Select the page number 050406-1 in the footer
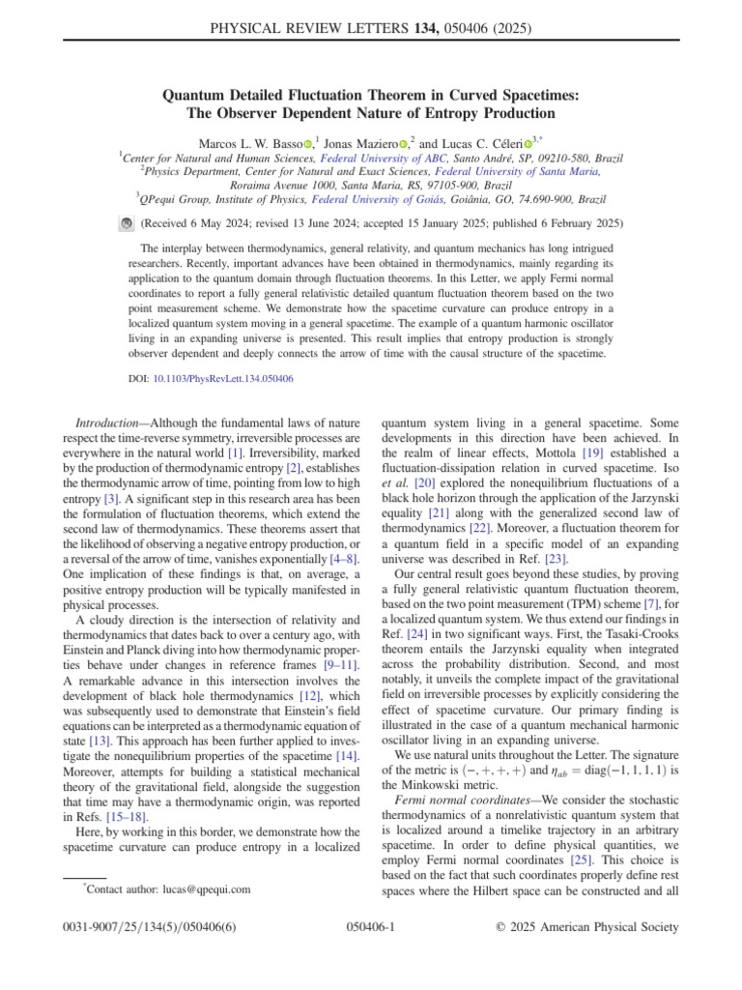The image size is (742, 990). (371, 954)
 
